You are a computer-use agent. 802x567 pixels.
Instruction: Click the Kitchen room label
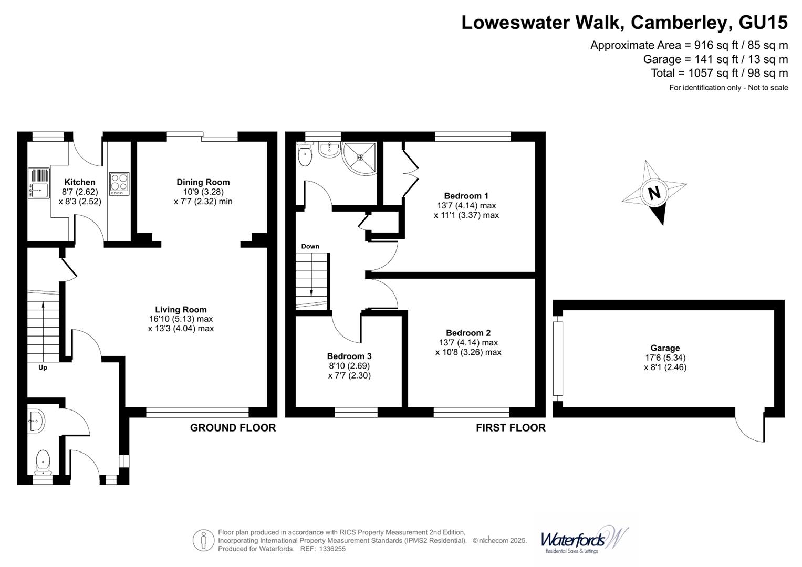click(x=80, y=182)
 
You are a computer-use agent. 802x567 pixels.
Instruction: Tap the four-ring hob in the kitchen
click(x=119, y=184)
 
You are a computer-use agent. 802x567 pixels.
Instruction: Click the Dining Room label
click(x=203, y=182)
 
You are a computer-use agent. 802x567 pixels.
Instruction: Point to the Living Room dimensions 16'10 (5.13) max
click(x=181, y=319)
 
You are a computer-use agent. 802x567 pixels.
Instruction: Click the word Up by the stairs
click(x=43, y=367)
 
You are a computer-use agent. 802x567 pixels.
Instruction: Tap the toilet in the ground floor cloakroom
click(x=43, y=462)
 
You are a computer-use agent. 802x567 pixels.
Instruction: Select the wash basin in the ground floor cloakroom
click(x=37, y=420)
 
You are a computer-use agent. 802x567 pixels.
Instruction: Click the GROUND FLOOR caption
click(x=233, y=428)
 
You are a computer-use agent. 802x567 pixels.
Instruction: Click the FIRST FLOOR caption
click(x=511, y=428)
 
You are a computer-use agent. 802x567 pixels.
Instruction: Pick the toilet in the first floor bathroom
click(x=304, y=154)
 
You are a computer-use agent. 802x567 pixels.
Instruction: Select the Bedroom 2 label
click(x=468, y=333)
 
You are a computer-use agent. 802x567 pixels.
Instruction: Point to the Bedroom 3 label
click(x=349, y=356)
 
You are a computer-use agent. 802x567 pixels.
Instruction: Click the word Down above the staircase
click(x=310, y=246)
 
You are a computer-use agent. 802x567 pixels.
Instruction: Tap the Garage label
click(x=665, y=348)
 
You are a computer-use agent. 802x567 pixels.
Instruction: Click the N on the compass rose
click(x=654, y=193)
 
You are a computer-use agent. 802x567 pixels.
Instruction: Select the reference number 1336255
click(x=330, y=549)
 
